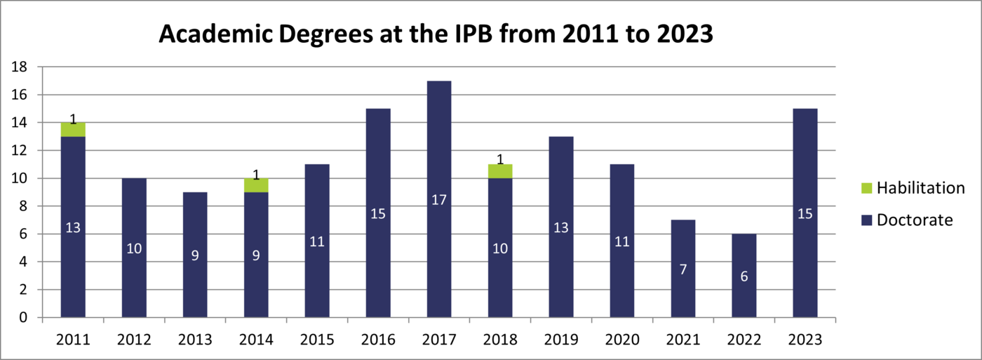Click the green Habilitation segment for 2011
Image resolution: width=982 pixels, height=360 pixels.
[73, 130]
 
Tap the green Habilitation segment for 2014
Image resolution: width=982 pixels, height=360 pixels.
[256, 185]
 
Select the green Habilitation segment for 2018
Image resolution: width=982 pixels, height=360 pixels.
[500, 171]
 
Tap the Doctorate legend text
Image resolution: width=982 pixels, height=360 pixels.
[915, 220]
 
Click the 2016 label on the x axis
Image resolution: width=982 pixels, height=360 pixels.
[378, 340]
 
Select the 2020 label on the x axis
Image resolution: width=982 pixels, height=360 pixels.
[622, 340]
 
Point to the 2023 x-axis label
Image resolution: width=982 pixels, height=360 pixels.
[805, 340]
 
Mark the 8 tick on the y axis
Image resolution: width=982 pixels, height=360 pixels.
[23, 206]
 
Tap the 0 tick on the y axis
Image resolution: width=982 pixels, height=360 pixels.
[23, 318]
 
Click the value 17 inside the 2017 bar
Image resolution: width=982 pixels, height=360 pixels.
[439, 200]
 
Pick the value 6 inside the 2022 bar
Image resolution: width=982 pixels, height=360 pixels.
[744, 276]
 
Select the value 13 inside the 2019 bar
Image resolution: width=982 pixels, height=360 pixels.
[561, 227]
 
